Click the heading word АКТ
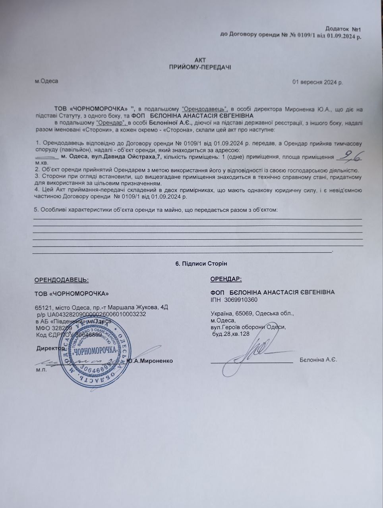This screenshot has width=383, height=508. (x=200, y=60)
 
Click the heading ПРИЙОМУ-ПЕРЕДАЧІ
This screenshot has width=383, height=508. (x=200, y=67)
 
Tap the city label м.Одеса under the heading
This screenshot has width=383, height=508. (x=46, y=81)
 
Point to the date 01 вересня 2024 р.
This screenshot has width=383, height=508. (x=317, y=83)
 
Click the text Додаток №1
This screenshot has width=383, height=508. (x=342, y=29)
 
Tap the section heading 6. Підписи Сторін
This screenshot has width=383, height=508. (x=201, y=264)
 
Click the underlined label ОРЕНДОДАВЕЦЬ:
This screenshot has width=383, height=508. (x=62, y=279)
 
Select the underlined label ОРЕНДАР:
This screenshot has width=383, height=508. (x=226, y=279)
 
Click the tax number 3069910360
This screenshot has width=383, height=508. (x=241, y=300)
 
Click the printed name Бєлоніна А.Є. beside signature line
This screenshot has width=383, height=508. (x=318, y=360)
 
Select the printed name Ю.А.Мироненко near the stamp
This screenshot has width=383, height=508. (x=150, y=361)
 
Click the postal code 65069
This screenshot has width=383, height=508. (x=246, y=313)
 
